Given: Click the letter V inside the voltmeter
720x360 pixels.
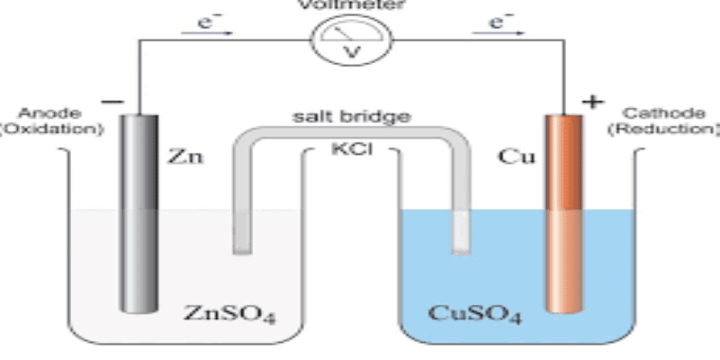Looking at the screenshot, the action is tap(352, 52).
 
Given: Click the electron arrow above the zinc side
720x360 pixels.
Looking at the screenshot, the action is tap(207, 33).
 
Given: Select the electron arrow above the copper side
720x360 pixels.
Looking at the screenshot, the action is tap(499, 33).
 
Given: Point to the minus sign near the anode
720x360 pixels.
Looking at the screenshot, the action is tap(112, 102).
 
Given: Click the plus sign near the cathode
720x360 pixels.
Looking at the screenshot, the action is tap(592, 102).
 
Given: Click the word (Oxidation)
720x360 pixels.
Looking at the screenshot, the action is tap(51, 130).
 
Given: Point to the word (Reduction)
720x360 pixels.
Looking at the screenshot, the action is tap(663, 130).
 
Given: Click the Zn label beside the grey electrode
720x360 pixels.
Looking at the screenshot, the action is tap(184, 157).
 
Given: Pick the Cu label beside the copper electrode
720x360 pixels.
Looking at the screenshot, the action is tap(517, 157).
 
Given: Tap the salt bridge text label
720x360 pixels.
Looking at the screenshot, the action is tap(352, 117).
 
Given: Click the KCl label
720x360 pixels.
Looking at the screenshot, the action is tap(352, 149).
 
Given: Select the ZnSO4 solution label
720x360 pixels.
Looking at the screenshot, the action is tap(229, 314).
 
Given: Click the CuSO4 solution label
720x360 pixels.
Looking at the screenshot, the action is tap(475, 314).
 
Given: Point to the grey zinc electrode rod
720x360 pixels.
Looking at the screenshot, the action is tap(139, 214).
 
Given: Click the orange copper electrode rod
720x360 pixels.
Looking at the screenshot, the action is tap(563, 214).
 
